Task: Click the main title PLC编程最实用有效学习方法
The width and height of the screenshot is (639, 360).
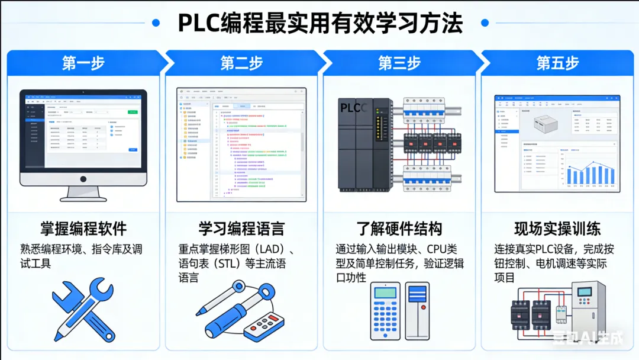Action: (x=320, y=23)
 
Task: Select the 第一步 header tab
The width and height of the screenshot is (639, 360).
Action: (x=83, y=63)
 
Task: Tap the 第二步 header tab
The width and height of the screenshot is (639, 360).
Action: (x=241, y=63)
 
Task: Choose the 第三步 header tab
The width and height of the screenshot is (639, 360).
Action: (x=399, y=63)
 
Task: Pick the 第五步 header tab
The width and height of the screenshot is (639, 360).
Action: (x=557, y=63)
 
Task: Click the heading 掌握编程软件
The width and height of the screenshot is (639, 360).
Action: (x=83, y=229)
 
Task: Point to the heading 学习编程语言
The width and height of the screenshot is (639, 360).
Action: (x=241, y=229)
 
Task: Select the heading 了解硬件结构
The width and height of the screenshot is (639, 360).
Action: (x=399, y=229)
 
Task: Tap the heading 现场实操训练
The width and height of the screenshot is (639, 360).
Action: (x=557, y=229)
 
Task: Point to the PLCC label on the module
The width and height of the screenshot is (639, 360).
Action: (x=354, y=108)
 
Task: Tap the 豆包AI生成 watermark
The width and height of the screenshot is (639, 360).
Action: (x=588, y=339)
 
